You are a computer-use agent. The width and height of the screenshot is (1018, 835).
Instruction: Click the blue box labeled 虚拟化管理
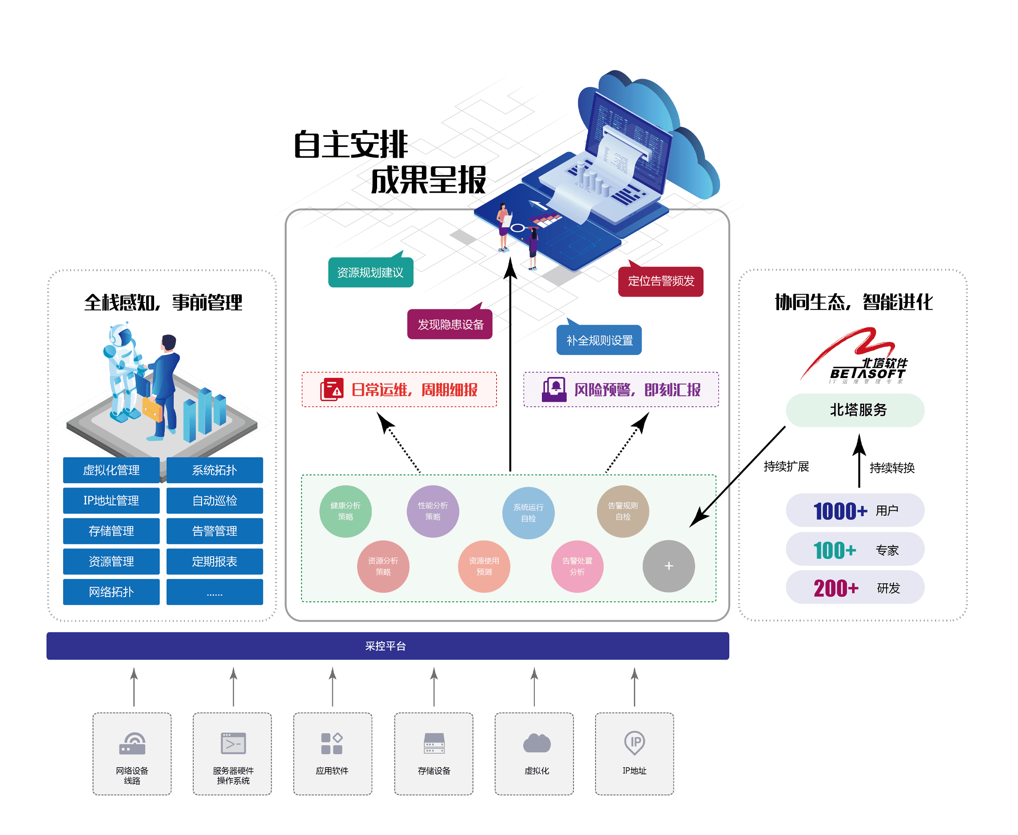111,470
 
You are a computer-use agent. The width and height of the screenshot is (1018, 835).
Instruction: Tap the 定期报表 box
215,561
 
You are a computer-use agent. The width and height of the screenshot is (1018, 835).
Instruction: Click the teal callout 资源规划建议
370,273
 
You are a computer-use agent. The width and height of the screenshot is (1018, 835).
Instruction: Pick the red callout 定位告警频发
661,282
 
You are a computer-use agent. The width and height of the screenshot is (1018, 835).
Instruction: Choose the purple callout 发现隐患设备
450,325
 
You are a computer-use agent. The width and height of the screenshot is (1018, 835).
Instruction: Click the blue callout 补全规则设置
599,341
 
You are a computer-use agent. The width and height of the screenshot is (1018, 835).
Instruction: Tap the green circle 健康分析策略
345,511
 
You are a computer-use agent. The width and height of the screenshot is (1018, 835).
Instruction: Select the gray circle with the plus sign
668,566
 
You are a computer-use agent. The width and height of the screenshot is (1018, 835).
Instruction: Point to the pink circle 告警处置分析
577,566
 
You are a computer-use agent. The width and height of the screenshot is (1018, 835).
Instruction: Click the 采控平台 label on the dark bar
386,646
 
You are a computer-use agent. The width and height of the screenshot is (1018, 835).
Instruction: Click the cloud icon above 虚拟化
537,743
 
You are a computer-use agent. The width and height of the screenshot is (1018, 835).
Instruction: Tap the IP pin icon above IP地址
635,743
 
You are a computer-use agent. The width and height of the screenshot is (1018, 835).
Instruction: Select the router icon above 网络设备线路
132,744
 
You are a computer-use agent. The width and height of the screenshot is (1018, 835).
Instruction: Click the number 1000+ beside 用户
840,511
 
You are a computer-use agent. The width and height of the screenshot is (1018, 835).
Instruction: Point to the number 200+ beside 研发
836,588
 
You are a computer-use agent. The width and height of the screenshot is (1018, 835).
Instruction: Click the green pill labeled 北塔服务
855,410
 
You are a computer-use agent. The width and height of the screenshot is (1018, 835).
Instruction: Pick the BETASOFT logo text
867,373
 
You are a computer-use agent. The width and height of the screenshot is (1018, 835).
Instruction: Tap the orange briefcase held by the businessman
152,410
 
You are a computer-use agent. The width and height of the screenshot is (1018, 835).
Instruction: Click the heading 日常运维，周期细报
414,390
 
